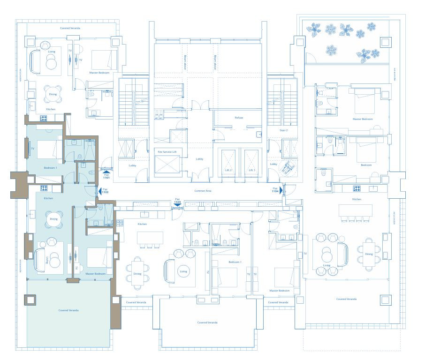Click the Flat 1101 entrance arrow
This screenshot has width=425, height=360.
106,172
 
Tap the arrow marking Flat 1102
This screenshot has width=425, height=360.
99,191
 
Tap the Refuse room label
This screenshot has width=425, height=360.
239,118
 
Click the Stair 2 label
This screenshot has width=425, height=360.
283,130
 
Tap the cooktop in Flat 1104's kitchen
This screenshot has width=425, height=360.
357,188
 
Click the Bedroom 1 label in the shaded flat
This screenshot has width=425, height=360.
50,168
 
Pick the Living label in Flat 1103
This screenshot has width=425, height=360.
183,271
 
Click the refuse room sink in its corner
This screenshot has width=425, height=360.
259,134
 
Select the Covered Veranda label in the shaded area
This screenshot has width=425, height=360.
68,310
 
